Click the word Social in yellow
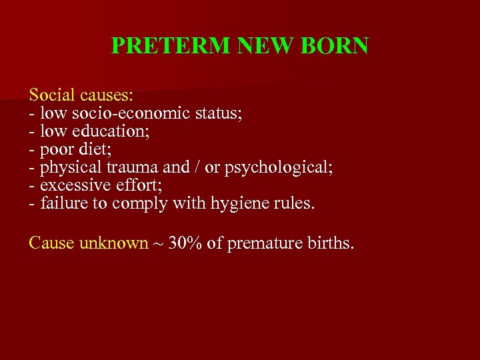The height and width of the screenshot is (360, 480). [51, 95]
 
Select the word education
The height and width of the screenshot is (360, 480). [114, 131]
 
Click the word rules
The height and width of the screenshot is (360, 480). [291, 203]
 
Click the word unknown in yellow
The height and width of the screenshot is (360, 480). [113, 243]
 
